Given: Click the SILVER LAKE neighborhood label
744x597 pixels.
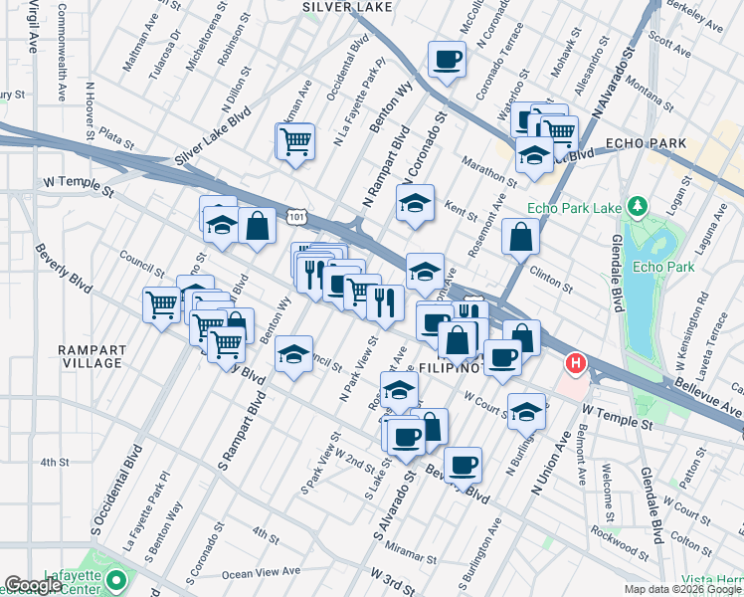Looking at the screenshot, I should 346,7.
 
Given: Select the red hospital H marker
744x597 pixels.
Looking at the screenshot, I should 574,364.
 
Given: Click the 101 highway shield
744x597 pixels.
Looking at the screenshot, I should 295,215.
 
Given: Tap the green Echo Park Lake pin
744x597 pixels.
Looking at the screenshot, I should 637,208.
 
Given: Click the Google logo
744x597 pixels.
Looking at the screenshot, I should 34,585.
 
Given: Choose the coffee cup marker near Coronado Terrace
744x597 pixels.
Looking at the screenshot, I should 447,59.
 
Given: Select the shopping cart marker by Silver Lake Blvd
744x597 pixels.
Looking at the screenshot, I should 295,141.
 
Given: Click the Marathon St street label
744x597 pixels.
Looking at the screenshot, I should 488,169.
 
